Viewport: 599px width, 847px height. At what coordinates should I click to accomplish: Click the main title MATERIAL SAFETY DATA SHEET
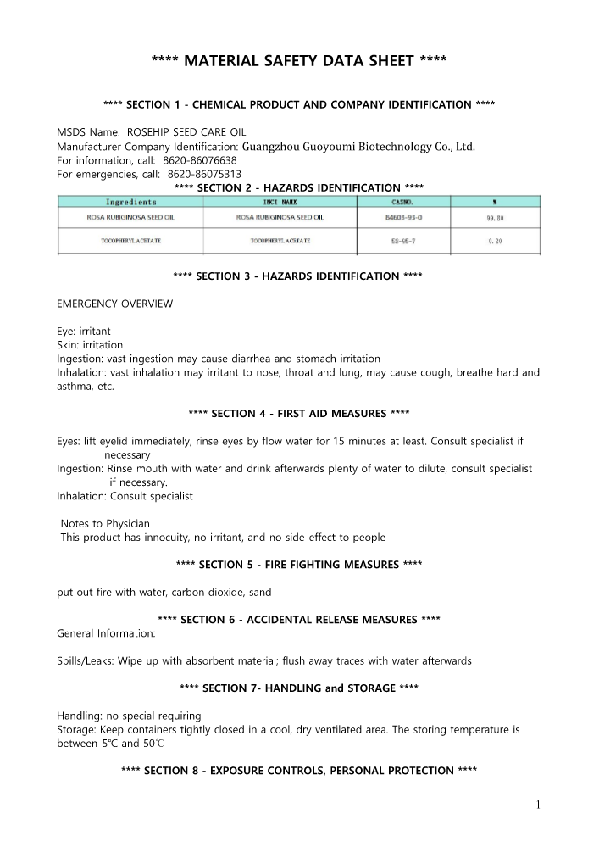tap(298, 60)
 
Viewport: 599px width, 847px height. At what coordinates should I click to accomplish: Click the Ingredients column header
tap(130, 202)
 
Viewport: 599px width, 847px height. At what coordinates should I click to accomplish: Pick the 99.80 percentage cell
tap(495, 218)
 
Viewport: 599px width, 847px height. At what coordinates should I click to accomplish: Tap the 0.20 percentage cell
tap(495, 242)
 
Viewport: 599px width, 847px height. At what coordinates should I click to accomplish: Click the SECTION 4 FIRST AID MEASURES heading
tap(298, 413)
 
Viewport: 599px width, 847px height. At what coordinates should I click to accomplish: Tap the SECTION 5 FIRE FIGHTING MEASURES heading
tap(298, 565)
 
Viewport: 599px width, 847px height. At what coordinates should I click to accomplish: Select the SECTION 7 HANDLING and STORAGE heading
tap(298, 688)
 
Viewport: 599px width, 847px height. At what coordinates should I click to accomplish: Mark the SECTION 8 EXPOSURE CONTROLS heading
tap(298, 771)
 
